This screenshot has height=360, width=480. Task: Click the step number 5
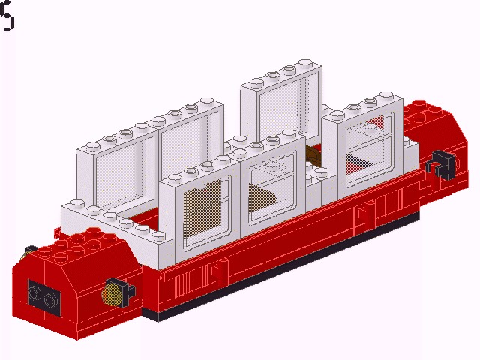[7, 16]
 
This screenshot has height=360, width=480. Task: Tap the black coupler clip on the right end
[438, 164]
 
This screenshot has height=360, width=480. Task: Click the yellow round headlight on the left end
[111, 293]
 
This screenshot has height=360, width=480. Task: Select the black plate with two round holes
[43, 295]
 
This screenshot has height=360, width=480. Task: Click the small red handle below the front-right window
[362, 215]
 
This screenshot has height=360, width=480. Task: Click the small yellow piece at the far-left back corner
[29, 250]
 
